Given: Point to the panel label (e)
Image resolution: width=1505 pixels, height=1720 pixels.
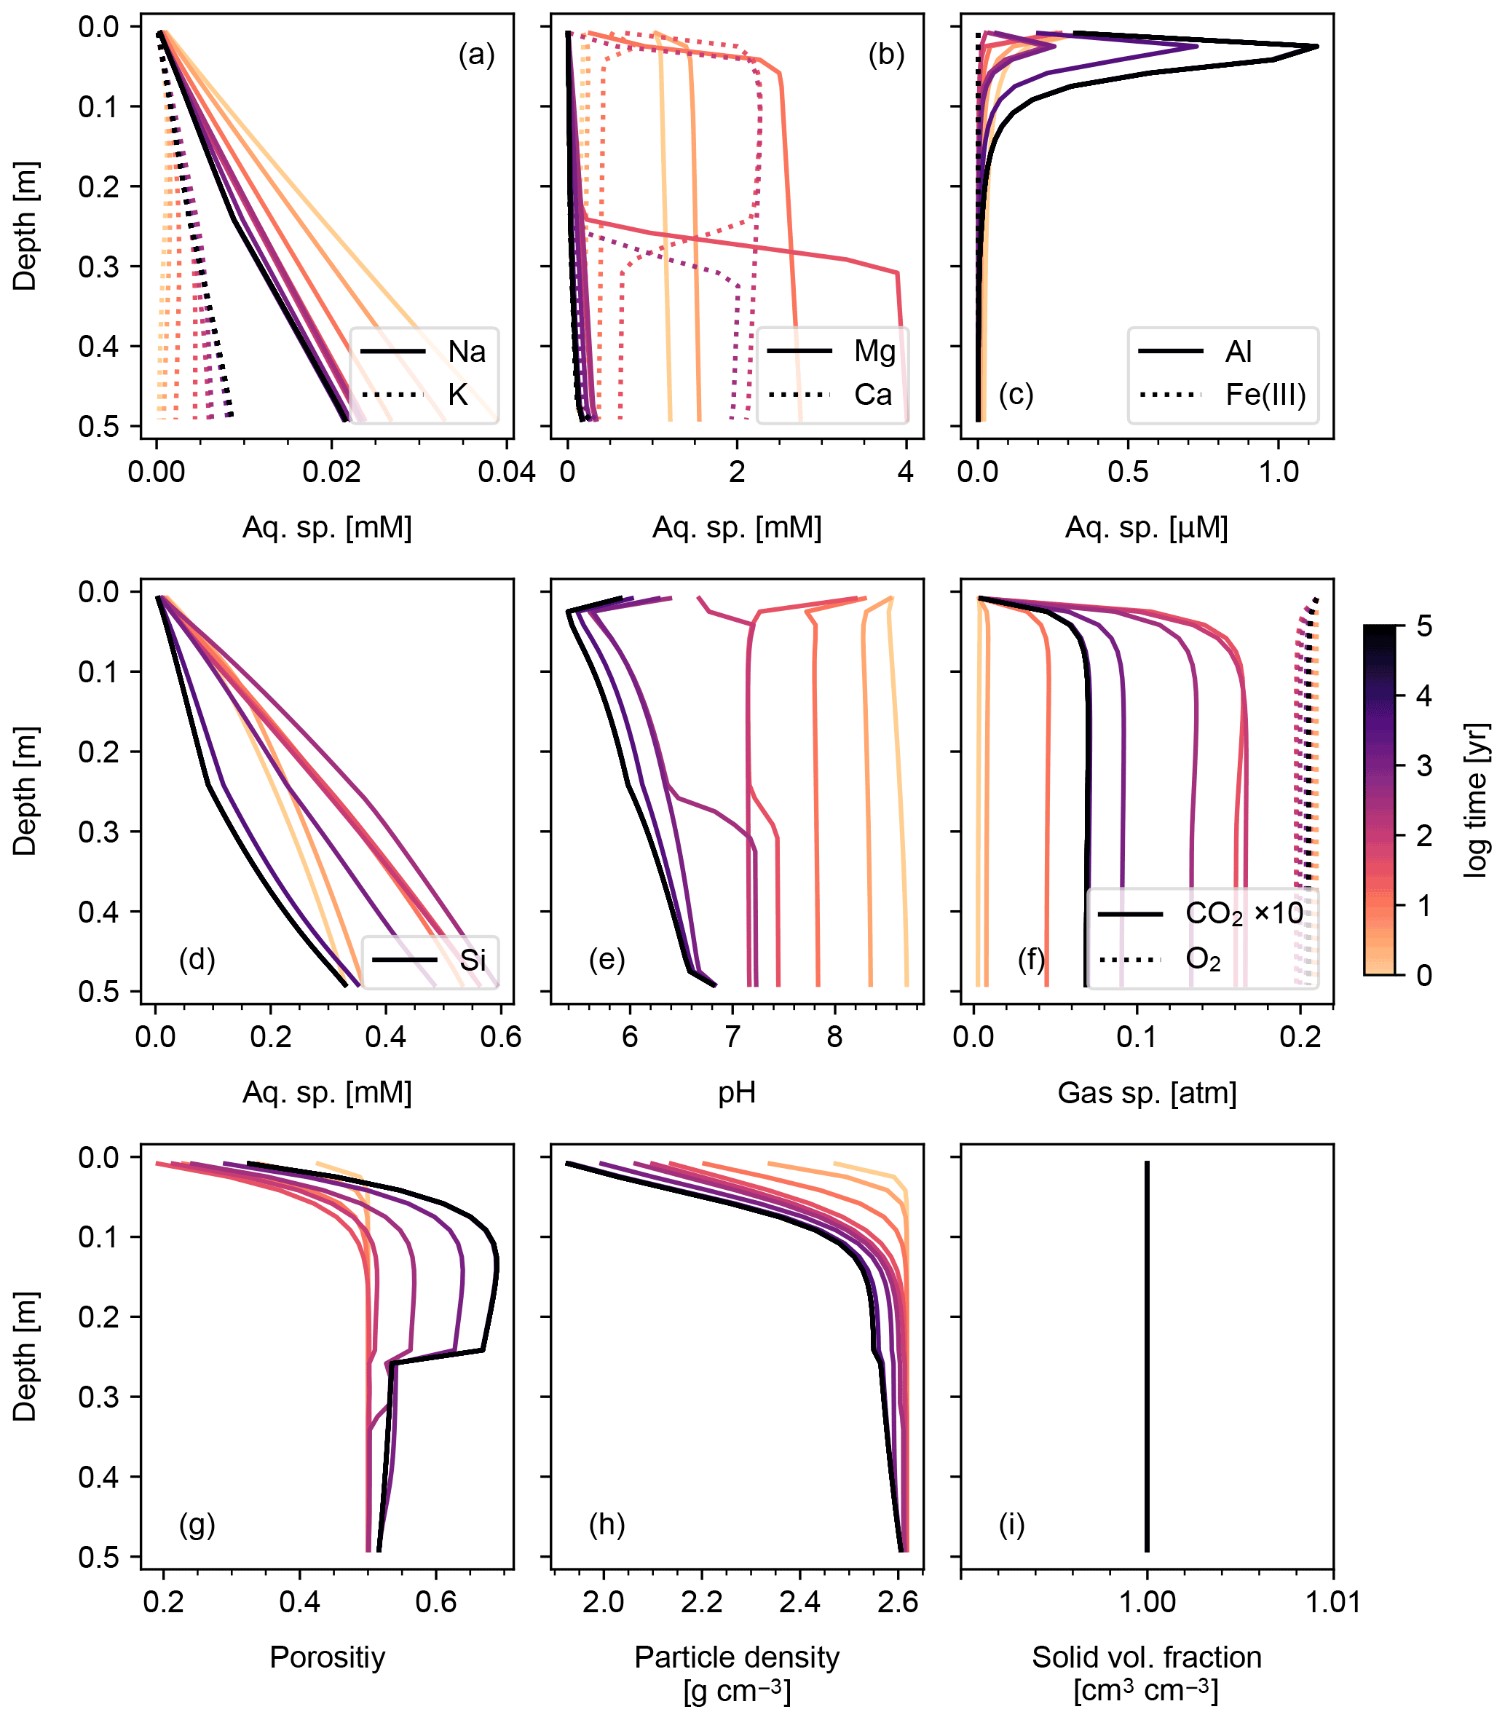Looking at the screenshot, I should (607, 958).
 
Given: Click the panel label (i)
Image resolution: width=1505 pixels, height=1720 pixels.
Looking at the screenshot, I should (1011, 1523).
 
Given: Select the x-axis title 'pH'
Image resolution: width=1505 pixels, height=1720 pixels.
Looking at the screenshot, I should (737, 1092).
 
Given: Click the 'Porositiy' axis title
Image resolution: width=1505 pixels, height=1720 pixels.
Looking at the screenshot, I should (327, 1657).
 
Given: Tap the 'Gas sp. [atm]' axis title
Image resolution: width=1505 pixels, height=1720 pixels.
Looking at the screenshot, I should (1146, 1092).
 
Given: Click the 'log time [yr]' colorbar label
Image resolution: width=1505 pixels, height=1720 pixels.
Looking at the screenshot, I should (1477, 800).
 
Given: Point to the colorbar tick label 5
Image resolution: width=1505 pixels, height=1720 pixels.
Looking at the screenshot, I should (1424, 626).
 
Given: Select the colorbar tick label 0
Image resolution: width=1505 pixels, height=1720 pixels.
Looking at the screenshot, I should (1424, 975).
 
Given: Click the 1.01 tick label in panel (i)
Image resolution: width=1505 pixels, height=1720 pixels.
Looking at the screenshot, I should (1333, 1601).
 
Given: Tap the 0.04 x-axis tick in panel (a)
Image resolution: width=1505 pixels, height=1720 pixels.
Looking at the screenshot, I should (507, 472).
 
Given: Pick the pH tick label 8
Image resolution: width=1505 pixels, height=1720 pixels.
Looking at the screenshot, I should (834, 1037).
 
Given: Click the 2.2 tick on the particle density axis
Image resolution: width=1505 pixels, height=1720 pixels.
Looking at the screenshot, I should (701, 1601).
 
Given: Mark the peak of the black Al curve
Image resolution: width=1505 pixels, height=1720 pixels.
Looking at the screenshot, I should (1316, 46).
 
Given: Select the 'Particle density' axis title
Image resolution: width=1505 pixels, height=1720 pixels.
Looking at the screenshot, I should (737, 1657).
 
